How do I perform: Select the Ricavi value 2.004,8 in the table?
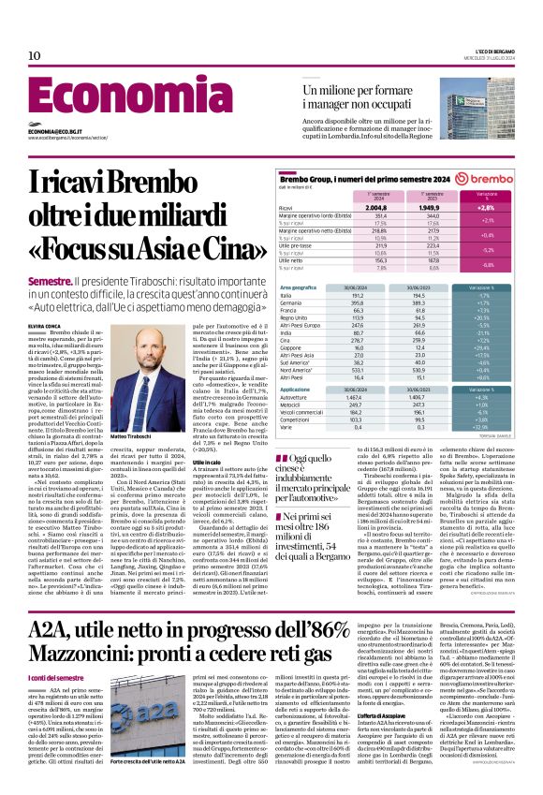tap(350, 208)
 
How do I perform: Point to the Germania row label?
tap(292, 303)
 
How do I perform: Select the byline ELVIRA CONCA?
tap(45, 324)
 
